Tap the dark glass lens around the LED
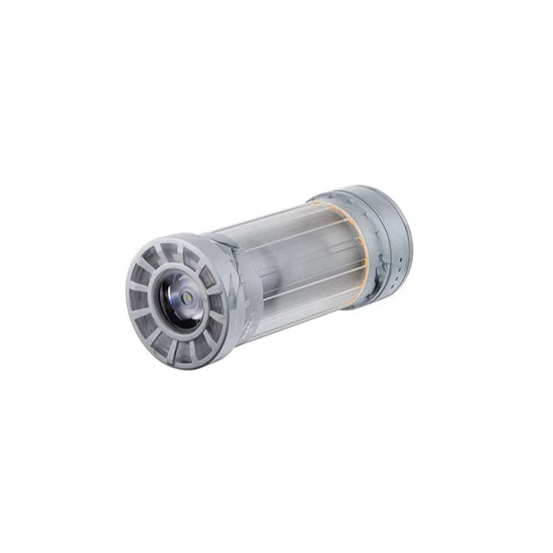pos(181,304)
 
